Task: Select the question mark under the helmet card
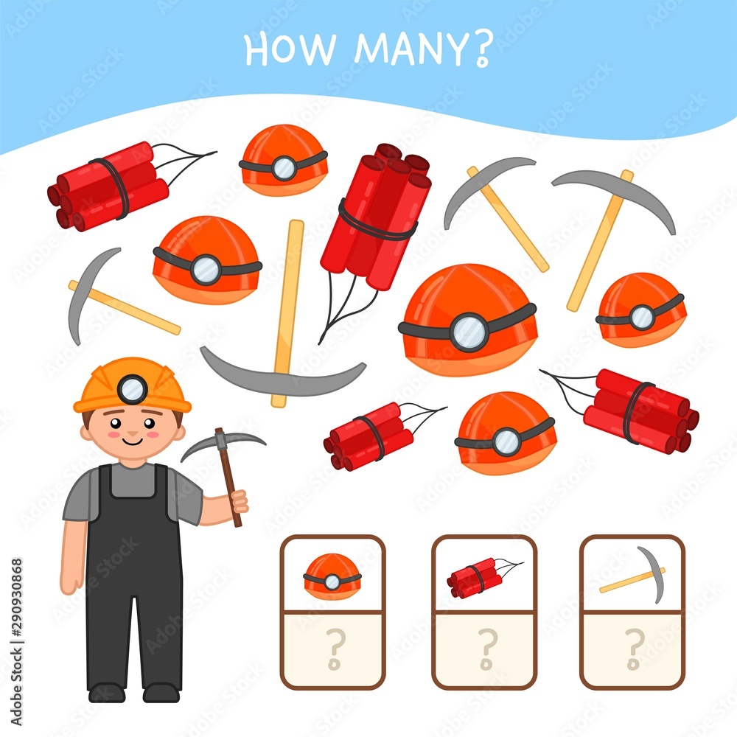click(334, 649)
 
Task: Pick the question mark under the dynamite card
click(484, 649)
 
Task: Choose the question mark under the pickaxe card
click(633, 649)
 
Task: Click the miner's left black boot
click(106, 692)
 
